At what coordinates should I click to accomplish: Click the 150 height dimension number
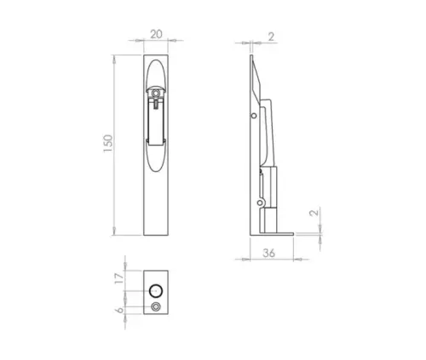click(106, 144)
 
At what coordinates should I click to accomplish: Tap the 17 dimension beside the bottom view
click(120, 277)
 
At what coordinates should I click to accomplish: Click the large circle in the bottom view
click(155, 284)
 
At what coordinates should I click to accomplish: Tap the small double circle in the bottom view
click(155, 306)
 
